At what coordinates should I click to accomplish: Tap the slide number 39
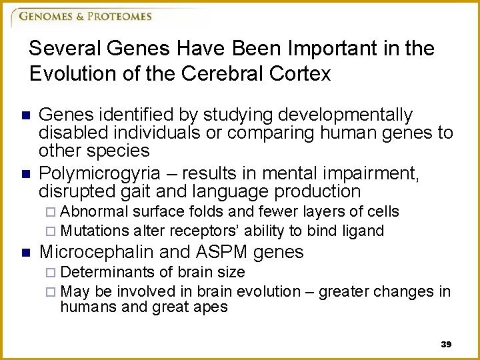[x=446, y=344]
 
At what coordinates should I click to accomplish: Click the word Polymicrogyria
[x=99, y=174]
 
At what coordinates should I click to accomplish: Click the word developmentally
[x=331, y=115]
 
